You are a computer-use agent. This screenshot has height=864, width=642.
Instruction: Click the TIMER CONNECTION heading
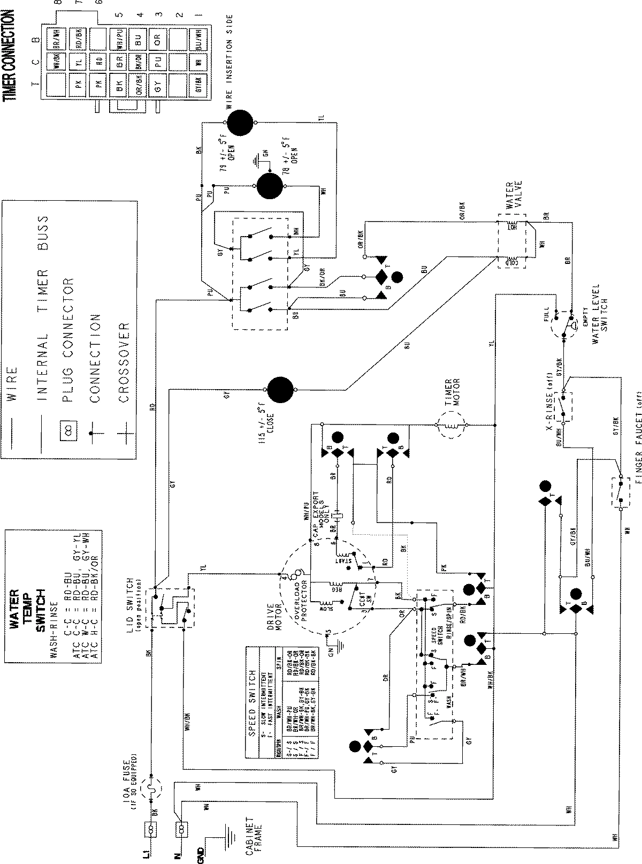[7, 56]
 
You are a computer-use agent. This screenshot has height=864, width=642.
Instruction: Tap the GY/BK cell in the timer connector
[198, 85]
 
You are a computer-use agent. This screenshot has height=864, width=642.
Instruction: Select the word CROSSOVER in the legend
[124, 362]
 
